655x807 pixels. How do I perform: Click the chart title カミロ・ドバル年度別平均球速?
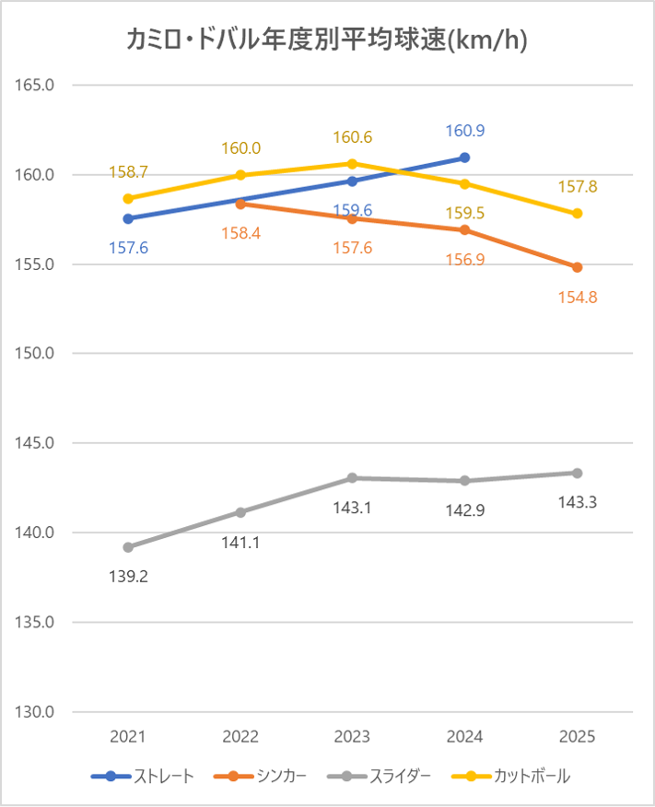pyautogui.click(x=326, y=40)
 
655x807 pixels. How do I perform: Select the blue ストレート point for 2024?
pyautogui.click(x=465, y=158)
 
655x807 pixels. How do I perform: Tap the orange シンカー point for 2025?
pyautogui.click(x=578, y=267)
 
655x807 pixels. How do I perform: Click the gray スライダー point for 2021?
pyautogui.click(x=128, y=547)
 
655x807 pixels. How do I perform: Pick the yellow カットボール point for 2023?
pyautogui.click(x=353, y=163)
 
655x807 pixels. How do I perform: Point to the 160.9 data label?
pyautogui.click(x=465, y=131)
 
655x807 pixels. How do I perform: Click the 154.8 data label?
pyautogui.click(x=578, y=297)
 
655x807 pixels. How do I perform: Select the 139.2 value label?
pyautogui.click(x=128, y=577)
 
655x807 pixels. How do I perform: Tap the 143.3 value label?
pyautogui.click(x=578, y=502)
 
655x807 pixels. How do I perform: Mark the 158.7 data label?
pyautogui.click(x=128, y=171)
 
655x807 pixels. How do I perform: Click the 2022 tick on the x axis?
pyautogui.click(x=240, y=737)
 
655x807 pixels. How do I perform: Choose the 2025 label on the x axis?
pyautogui.click(x=578, y=737)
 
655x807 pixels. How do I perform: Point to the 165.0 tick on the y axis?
pyautogui.click(x=36, y=85)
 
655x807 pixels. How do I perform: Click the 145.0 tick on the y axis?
pyautogui.click(x=36, y=443)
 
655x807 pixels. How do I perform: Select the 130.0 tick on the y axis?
pyautogui.click(x=36, y=712)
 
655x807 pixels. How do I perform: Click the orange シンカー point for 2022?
pyautogui.click(x=240, y=203)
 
